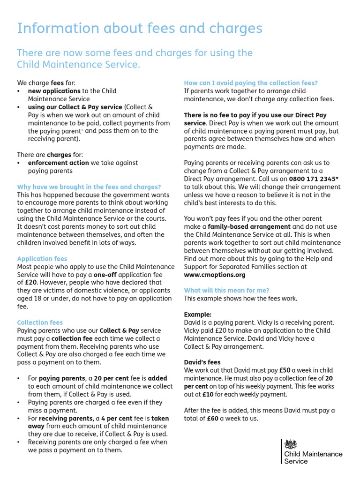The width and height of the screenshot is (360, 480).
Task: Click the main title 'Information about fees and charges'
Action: pyautogui.click(x=140, y=29)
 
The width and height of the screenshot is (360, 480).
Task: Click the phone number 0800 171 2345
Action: pyautogui.click(x=312, y=179)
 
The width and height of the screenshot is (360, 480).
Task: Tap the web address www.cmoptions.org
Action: pyautogui.click(x=215, y=275)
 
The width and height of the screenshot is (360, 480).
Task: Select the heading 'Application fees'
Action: pyautogui.click(x=42, y=259)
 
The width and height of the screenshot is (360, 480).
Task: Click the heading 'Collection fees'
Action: pyautogui.click(x=40, y=322)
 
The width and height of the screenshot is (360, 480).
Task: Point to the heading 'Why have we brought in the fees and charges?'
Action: pyautogui.click(x=89, y=187)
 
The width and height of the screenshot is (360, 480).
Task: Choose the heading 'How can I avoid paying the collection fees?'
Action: pyautogui.click(x=251, y=83)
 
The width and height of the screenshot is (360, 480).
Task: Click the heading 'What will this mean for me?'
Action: pyautogui.click(x=226, y=291)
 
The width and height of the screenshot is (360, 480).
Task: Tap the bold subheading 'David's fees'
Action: pyautogui.click(x=202, y=362)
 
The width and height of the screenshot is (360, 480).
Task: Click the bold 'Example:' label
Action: pyautogui.click(x=198, y=315)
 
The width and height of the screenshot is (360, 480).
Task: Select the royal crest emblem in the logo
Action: pyautogui.click(x=291, y=444)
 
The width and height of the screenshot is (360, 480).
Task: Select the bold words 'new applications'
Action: pyautogui.click(x=54, y=91)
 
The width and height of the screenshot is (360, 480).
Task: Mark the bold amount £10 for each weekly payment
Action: pyautogui.click(x=208, y=394)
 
